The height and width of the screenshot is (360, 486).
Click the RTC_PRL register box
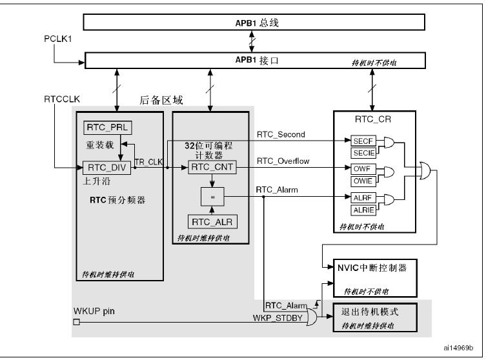click(108, 128)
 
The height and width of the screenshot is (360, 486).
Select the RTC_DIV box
click(106, 168)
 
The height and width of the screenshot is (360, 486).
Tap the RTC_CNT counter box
click(212, 167)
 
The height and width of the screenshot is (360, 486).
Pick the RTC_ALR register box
click(212, 222)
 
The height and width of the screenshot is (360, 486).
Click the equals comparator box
click(212, 197)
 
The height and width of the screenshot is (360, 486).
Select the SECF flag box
click(363, 141)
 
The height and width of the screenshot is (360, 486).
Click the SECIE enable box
click(363, 153)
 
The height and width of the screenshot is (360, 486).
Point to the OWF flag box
click(363, 169)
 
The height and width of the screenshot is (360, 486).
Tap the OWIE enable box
click(363, 181)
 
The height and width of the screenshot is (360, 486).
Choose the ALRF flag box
click(363, 198)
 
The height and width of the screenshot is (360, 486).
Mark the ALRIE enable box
click(363, 210)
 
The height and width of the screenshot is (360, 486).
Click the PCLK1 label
click(58, 39)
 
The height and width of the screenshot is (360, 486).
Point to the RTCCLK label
click(62, 99)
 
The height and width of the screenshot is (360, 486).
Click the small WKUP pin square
click(76, 322)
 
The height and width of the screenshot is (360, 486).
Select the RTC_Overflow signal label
click(283, 161)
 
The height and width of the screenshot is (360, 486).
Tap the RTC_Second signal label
click(281, 134)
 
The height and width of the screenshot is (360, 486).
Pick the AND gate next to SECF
click(389, 143)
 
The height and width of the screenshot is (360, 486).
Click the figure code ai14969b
click(458, 348)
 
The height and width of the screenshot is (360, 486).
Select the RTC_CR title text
click(373, 119)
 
